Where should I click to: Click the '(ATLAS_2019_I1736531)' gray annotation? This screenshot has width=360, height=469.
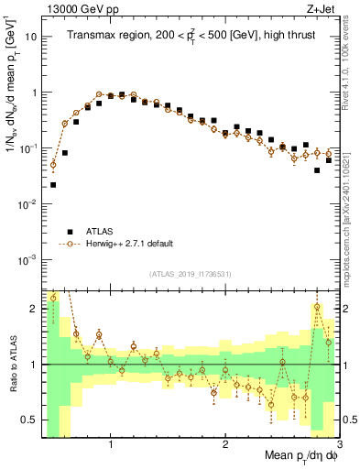[189, 274]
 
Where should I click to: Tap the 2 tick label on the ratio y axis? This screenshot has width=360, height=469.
[33, 309]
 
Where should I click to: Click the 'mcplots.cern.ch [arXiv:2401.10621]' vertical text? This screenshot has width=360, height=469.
[352, 211]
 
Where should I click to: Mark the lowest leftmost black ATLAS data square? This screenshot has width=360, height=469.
[53, 184]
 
